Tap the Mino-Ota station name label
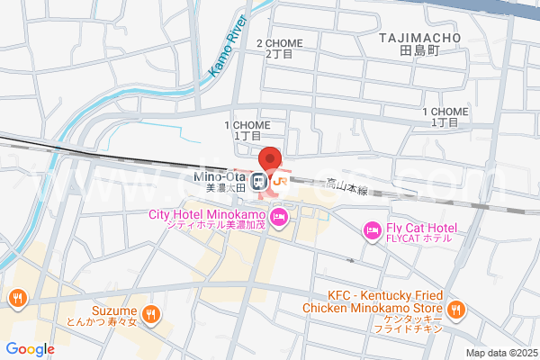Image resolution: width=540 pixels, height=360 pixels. click(x=220, y=176)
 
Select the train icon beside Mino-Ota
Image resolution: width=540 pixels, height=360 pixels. click(x=258, y=180)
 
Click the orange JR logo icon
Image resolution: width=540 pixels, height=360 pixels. click(x=280, y=181)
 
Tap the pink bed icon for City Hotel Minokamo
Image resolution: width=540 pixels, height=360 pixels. click(x=280, y=216)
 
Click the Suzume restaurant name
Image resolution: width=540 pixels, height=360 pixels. click(x=112, y=309)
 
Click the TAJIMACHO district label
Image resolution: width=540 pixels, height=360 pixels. click(x=419, y=38)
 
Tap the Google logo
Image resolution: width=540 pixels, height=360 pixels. click(x=30, y=349)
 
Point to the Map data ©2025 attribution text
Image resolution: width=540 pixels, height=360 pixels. click(x=500, y=353)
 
